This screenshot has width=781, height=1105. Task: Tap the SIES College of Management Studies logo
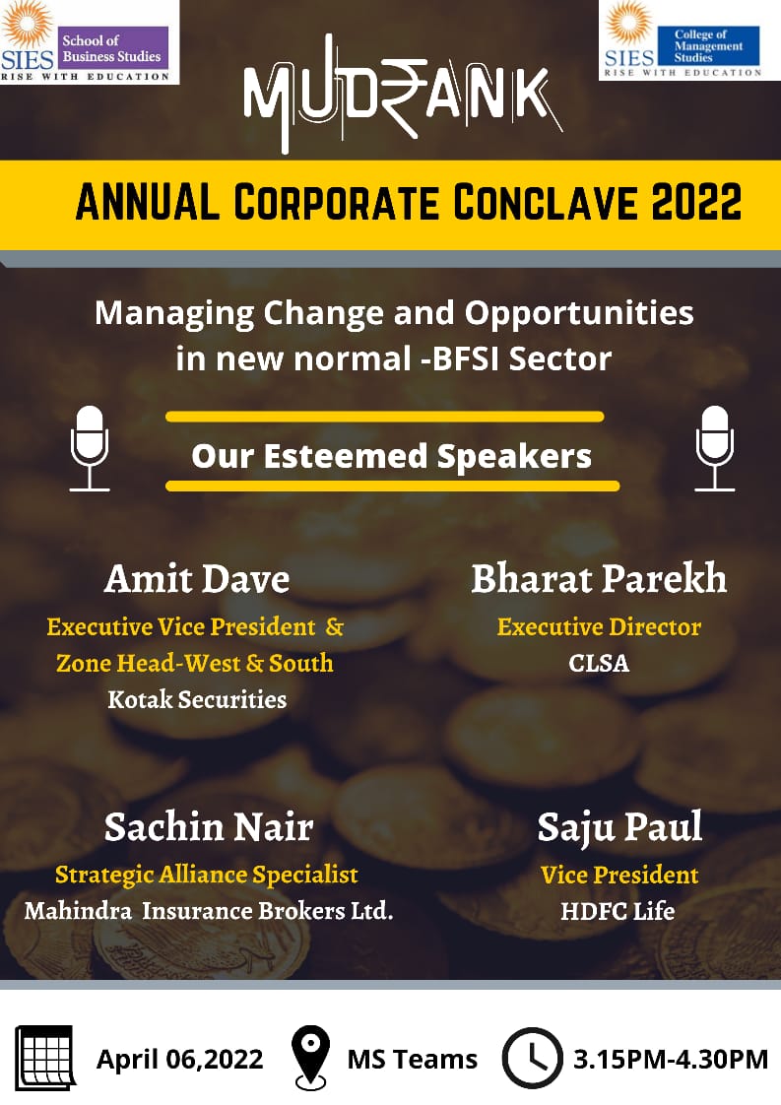click(690, 39)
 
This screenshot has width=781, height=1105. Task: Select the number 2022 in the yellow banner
click(695, 202)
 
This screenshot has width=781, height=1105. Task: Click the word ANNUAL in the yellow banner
click(148, 202)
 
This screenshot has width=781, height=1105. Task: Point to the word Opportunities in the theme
click(579, 314)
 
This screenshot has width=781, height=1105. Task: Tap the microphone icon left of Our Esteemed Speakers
click(90, 448)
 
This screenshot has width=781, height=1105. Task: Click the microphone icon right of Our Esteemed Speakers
click(715, 448)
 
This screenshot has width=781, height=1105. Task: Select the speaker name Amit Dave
click(197, 579)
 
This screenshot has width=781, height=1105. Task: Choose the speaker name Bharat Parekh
click(599, 578)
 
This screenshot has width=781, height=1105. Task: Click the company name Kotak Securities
click(197, 700)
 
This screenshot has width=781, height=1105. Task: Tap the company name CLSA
click(599, 663)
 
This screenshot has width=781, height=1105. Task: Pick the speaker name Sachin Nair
click(209, 826)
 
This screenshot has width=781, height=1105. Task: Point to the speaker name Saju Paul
click(619, 828)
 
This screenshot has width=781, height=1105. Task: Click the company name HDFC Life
click(618, 911)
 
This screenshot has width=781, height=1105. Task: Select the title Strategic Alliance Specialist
click(207, 876)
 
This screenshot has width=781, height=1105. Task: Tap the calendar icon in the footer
click(46, 1058)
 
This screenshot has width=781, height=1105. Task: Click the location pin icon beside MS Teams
click(311, 1058)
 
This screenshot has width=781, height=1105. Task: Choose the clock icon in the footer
click(532, 1058)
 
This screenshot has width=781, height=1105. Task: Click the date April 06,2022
click(180, 1059)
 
